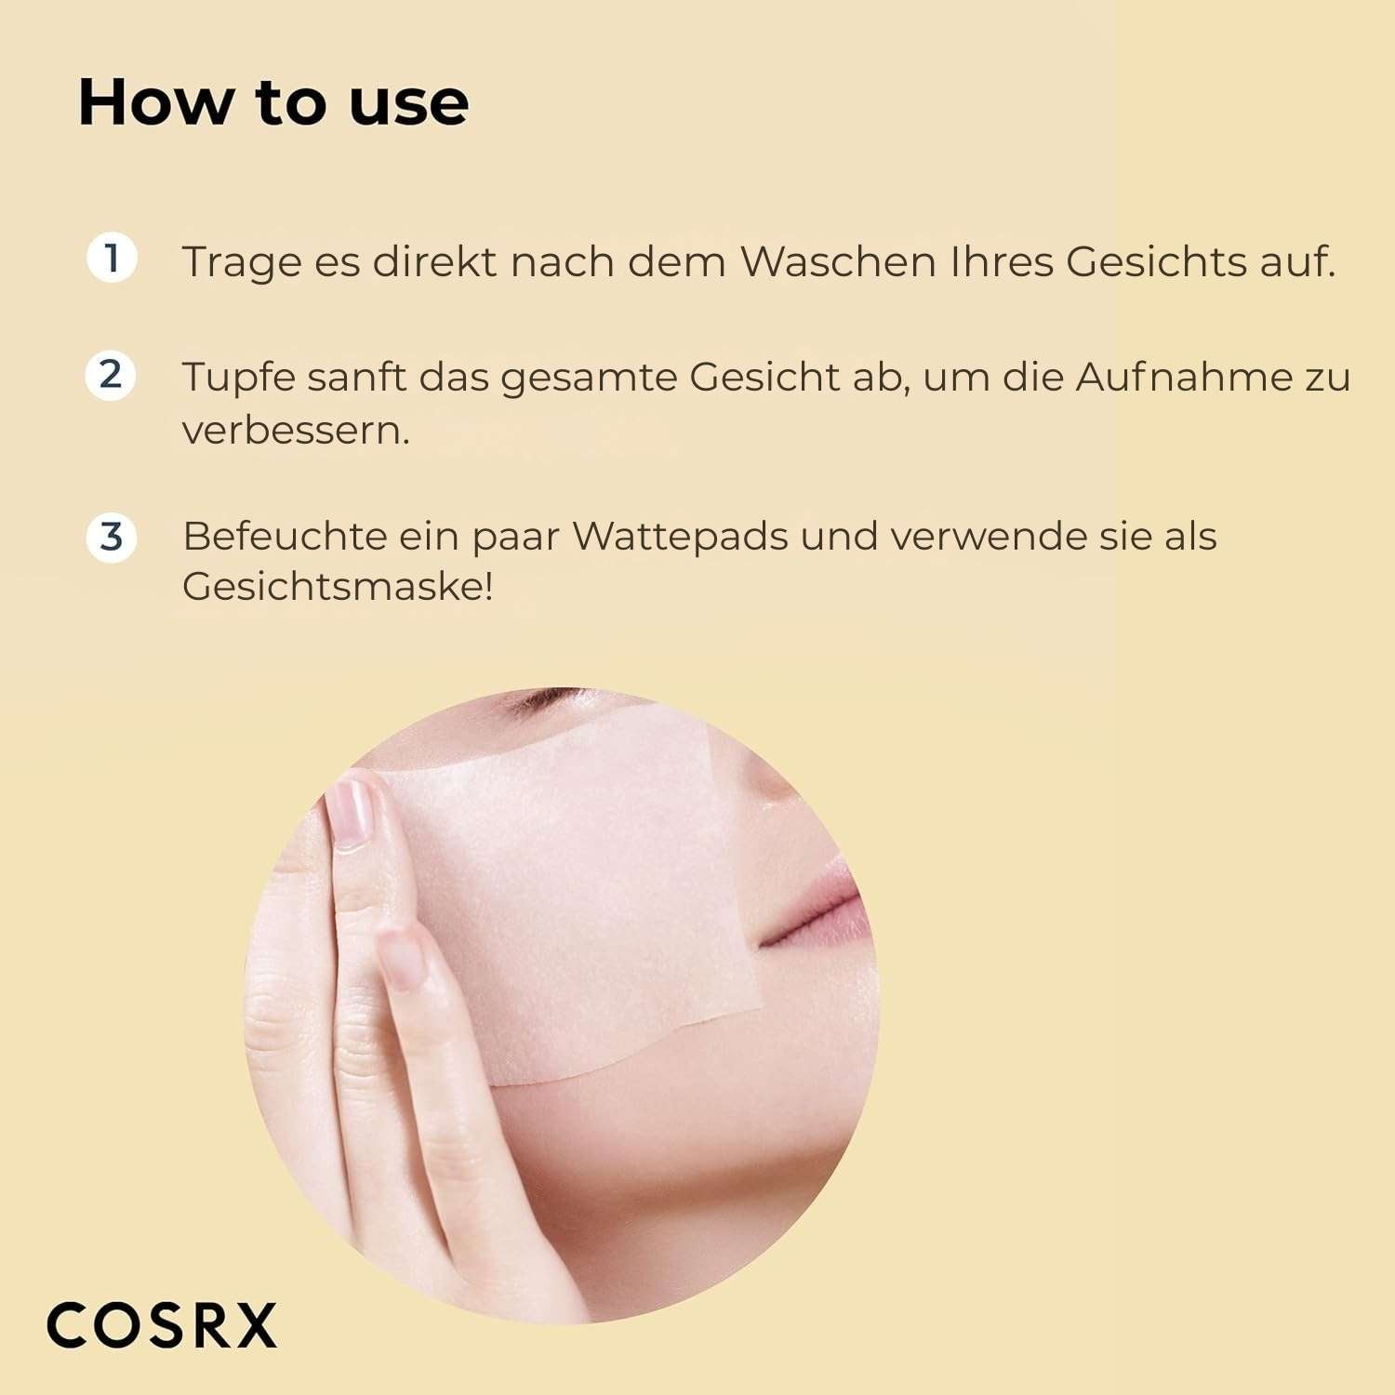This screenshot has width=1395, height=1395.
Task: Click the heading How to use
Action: tap(273, 101)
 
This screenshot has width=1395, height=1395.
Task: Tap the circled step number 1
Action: tap(112, 258)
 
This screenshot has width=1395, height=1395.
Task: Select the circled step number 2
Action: tap(111, 375)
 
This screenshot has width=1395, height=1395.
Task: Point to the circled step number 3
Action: tap(112, 537)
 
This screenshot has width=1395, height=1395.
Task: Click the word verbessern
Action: tap(296, 430)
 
